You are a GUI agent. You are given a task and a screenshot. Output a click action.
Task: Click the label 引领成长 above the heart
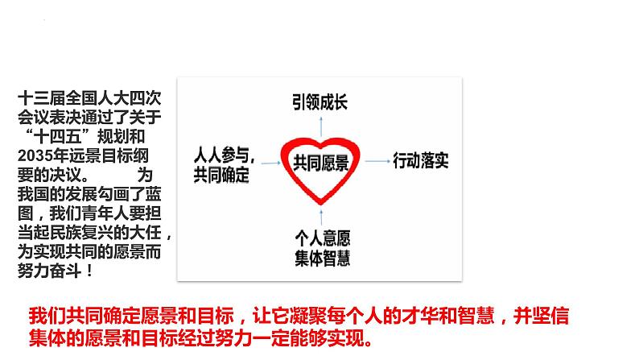pyautogui.click(x=321, y=103)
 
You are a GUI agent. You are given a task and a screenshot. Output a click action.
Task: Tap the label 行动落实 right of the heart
pyautogui.click(x=421, y=160)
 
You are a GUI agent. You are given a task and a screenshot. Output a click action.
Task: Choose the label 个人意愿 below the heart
pyautogui.click(x=321, y=238)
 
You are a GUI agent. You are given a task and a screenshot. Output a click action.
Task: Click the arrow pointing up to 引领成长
pyautogui.click(x=321, y=126)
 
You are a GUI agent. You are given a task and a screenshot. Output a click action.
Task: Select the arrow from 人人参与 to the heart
pyautogui.click(x=267, y=162)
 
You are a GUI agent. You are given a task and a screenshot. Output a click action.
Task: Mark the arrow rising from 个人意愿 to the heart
pyautogui.click(x=321, y=214)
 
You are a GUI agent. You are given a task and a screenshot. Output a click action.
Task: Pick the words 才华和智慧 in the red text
pyautogui.click(x=425, y=315)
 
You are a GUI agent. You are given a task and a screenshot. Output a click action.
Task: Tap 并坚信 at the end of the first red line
pyautogui.click(x=550, y=315)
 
